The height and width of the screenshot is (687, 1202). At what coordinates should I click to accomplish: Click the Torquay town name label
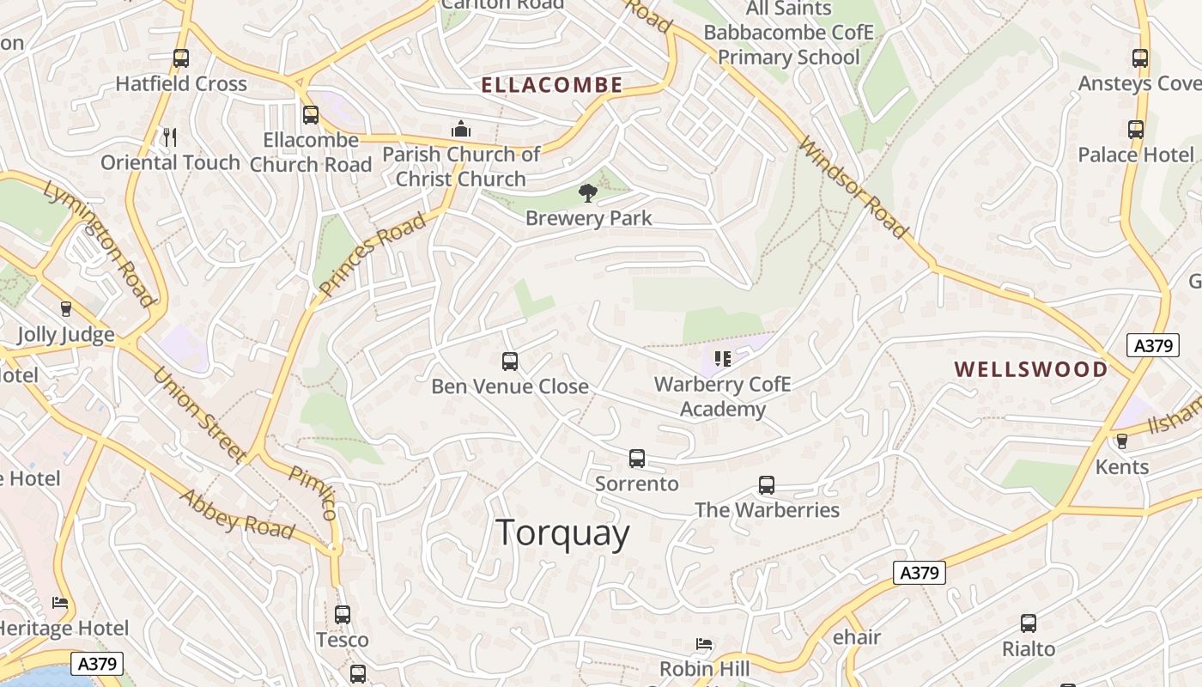tap(562, 533)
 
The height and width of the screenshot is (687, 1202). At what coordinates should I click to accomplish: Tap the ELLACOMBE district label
tap(551, 85)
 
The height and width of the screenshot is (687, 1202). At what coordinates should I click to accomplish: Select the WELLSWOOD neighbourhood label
tap(1031, 369)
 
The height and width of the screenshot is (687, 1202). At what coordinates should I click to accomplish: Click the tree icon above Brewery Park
tap(588, 193)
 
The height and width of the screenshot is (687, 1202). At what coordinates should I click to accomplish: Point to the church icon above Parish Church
tap(461, 129)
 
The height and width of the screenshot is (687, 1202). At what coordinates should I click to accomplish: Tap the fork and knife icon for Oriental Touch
tap(170, 137)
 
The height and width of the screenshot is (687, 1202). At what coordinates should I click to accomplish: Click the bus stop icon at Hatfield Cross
tap(181, 58)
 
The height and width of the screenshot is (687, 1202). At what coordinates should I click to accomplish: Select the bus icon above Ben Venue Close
tap(510, 362)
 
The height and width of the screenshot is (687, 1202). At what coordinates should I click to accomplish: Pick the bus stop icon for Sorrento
tap(637, 459)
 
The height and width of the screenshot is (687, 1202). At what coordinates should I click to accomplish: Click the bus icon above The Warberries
tap(767, 485)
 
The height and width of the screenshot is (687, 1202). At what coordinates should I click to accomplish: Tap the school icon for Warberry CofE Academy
tap(723, 359)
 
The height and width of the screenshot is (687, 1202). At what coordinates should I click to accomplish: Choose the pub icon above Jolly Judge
tap(66, 309)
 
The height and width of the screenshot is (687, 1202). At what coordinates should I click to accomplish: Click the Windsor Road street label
tap(853, 187)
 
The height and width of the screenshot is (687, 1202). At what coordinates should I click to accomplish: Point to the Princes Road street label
tap(372, 256)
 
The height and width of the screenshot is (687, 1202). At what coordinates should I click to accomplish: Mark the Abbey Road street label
tap(238, 514)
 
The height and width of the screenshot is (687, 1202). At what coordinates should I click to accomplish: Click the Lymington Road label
tap(99, 243)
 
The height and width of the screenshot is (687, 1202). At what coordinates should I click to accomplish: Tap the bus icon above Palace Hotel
tap(1136, 130)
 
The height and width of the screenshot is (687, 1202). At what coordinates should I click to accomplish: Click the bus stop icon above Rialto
tap(1029, 623)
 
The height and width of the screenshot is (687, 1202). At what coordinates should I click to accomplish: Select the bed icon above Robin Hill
tap(704, 643)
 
